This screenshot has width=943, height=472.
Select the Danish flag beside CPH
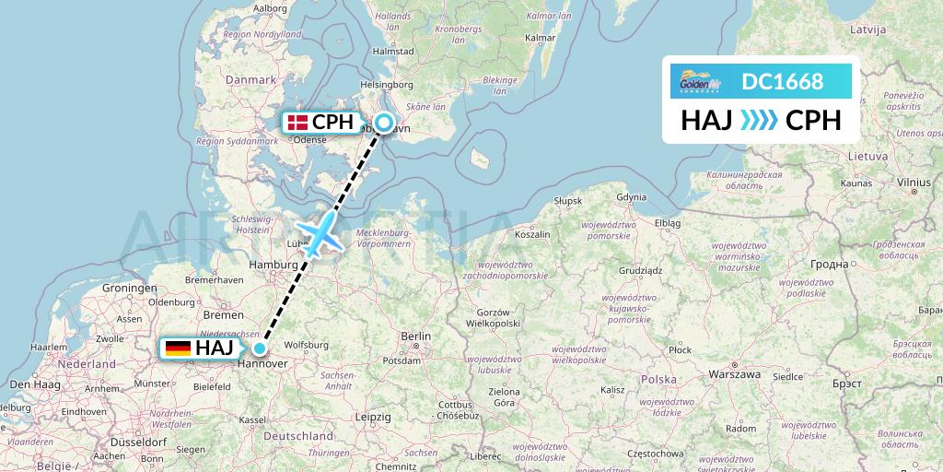(297, 122)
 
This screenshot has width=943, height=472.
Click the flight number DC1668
(782, 82)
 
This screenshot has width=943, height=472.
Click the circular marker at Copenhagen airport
(384, 122)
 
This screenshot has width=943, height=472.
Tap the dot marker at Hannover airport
(261, 348)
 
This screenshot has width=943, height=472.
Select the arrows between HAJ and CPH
(760, 121)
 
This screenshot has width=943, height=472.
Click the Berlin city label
(415, 336)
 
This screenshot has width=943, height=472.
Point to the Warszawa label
(735, 375)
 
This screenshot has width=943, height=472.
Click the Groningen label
(129, 288)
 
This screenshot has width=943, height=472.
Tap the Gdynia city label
(631, 196)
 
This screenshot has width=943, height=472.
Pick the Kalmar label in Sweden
(539, 38)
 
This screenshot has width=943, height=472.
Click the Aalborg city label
(269, 8)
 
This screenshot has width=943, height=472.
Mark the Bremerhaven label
(214, 279)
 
